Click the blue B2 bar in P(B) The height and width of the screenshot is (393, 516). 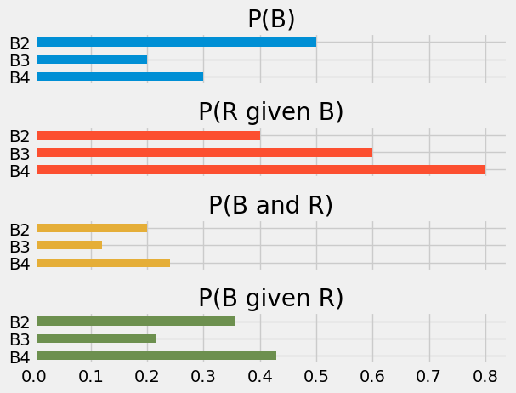pyautogui.click(x=176, y=42)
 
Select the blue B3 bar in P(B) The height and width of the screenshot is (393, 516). pyautogui.click(x=92, y=60)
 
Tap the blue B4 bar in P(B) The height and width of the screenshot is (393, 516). pyautogui.click(x=120, y=77)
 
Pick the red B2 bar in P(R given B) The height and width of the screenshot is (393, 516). pyautogui.click(x=148, y=134)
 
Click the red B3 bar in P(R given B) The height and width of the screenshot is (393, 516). pyautogui.click(x=204, y=152)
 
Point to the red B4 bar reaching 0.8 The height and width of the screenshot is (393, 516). pyautogui.click(x=260, y=169)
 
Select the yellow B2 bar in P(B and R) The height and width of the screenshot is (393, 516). pyautogui.click(x=92, y=228)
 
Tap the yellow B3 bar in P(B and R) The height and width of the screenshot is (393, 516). pyautogui.click(x=70, y=245)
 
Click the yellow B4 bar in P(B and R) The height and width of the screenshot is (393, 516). pyautogui.click(x=103, y=262)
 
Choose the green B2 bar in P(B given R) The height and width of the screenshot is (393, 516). pyautogui.click(x=136, y=322)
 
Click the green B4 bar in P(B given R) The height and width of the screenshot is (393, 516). pyautogui.click(x=156, y=356)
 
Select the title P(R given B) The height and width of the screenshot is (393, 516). pyautogui.click(x=271, y=111)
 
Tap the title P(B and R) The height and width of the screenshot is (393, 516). pyautogui.click(x=271, y=205)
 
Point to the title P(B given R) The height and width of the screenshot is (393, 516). pyautogui.click(x=271, y=298)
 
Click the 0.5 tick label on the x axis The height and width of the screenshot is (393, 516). pyautogui.click(x=316, y=376)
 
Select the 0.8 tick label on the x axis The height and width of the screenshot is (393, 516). pyautogui.click(x=485, y=376)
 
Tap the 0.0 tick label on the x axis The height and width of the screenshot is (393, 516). pyautogui.click(x=37, y=376)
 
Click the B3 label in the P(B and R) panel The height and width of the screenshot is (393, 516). pyautogui.click(x=19, y=246)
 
